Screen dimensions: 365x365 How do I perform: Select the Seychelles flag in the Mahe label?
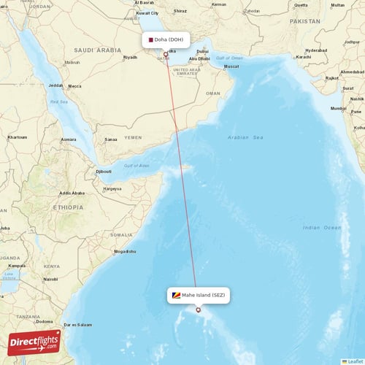click(x=176, y=296)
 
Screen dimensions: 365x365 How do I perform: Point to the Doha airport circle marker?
click(x=166, y=54)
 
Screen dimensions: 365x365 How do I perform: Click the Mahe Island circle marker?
click(x=198, y=310)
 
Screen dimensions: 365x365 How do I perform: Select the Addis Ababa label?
click(x=72, y=193)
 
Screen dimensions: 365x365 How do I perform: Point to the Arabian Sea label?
click(x=248, y=137)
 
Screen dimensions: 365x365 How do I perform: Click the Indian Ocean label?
click(x=321, y=228)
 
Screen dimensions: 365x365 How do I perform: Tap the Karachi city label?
click(x=304, y=56)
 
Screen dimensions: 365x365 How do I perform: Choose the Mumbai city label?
click(x=339, y=108)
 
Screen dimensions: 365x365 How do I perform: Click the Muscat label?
click(x=231, y=66)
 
